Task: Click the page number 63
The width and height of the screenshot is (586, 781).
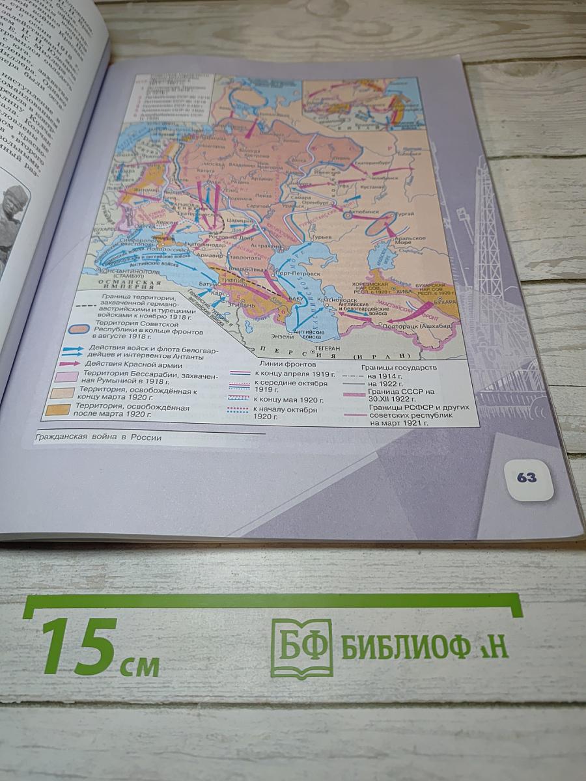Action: tap(527, 478)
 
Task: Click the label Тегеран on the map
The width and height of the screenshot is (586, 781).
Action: tap(328, 348)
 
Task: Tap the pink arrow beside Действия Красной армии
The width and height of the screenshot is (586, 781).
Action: tap(70, 363)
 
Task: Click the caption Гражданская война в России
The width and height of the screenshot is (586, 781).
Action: tap(99, 437)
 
